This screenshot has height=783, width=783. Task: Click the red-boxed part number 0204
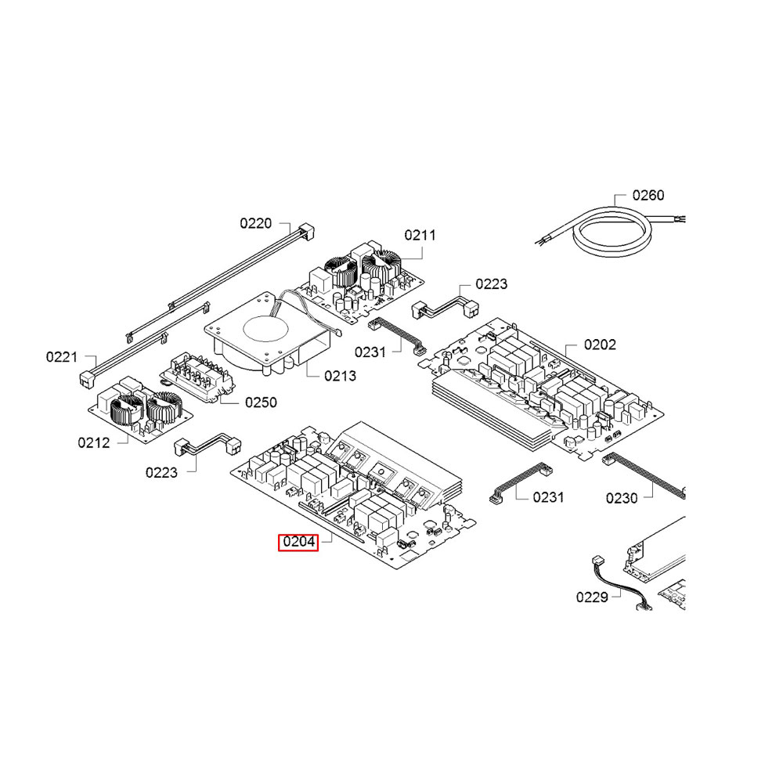point(298,542)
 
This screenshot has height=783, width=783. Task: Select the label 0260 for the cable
point(648,195)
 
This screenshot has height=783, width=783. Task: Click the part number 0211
point(420,235)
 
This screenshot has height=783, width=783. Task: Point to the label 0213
point(340,376)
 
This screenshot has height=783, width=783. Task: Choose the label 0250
point(261,402)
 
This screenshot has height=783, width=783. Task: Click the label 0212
point(93,442)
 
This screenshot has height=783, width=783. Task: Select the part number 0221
point(62,357)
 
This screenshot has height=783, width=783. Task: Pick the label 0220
point(255,224)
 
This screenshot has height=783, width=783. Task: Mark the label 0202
point(601,345)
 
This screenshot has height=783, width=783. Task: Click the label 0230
point(622,497)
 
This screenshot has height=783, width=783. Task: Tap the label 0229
point(592,597)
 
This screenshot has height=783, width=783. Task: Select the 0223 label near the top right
point(492,284)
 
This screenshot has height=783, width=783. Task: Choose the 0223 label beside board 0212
point(161,472)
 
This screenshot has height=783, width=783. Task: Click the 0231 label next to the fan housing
point(370,352)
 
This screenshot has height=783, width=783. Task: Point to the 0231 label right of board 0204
point(549,497)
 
